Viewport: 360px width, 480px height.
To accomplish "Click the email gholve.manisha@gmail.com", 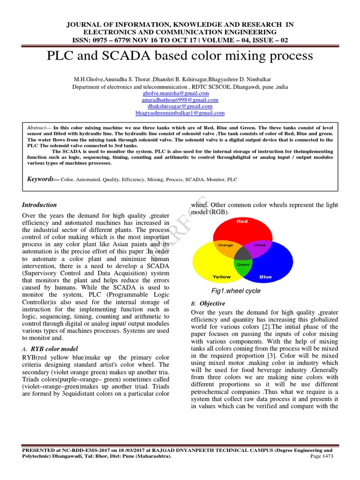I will [180, 93].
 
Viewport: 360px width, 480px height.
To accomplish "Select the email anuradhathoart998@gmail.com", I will [180, 100].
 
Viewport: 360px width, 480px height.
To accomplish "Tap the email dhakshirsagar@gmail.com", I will [180, 106].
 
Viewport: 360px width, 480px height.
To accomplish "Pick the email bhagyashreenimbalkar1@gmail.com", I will [180, 113].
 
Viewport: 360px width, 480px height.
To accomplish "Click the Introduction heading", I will [40, 205].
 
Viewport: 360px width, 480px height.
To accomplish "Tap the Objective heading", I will [213, 303].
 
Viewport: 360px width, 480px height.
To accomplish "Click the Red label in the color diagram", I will [242, 221].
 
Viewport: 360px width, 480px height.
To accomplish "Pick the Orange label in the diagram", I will [226, 245].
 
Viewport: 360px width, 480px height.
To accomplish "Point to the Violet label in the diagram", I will [259, 245].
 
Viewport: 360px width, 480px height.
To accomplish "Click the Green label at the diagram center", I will [242, 264].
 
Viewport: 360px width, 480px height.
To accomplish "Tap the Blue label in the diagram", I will [266, 277].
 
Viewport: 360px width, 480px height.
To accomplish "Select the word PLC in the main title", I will [62, 56].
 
